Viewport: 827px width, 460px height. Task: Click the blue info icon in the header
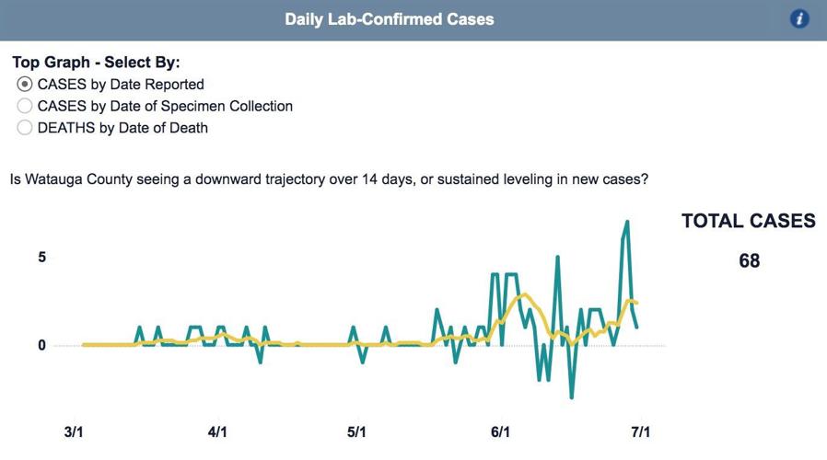799,19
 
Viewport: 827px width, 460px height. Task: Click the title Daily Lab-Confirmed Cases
389,19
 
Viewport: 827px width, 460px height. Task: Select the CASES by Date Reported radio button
25,84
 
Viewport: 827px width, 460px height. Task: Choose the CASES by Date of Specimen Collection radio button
25,106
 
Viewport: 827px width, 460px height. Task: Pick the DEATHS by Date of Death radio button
25,128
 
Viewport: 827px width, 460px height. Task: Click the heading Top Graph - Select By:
96,63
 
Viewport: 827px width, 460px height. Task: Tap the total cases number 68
749,261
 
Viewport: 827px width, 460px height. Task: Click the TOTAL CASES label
748,221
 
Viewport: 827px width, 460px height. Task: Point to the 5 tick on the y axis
41,258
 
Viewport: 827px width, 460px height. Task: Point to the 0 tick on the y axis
41,346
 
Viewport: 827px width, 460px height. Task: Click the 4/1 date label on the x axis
217,431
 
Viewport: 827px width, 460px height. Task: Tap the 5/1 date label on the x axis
356,431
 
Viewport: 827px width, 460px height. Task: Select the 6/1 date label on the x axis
501,431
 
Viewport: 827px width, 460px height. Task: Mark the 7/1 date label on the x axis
640,431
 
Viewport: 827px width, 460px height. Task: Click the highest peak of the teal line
627,222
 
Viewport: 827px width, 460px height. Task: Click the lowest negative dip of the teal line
572,397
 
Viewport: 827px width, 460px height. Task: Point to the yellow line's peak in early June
523,294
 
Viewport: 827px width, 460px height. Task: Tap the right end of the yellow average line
636,303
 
